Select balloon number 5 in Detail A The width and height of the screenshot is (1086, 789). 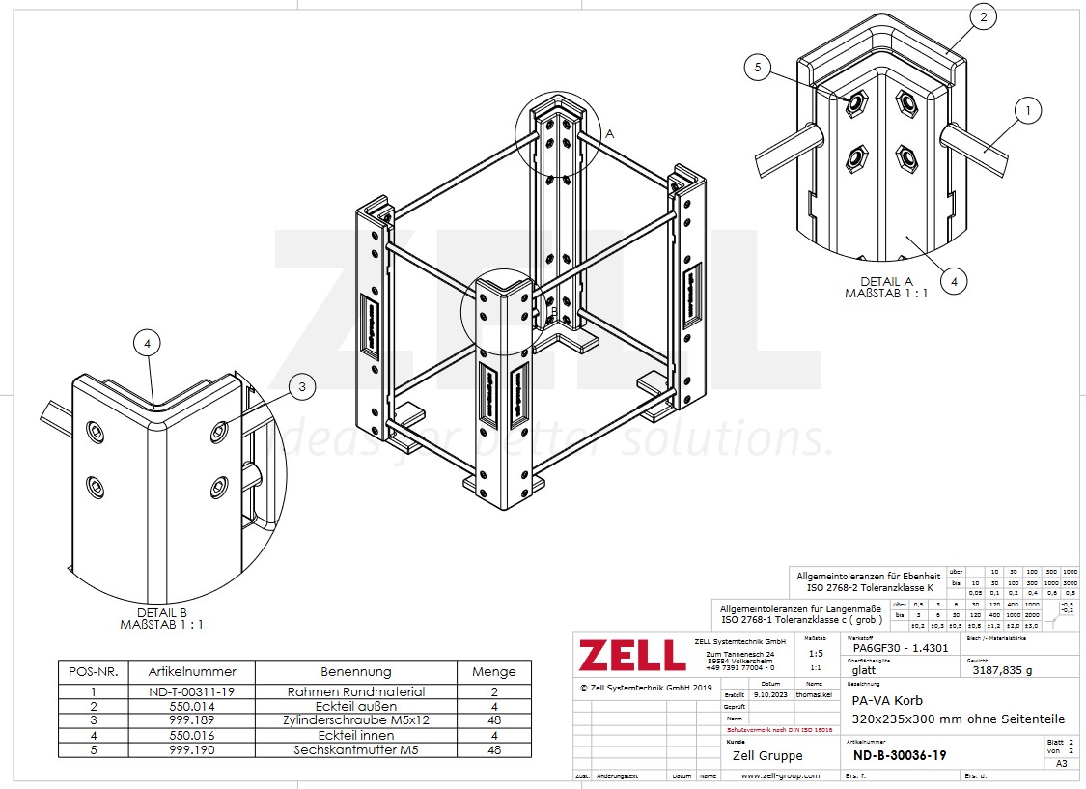[x=759, y=67]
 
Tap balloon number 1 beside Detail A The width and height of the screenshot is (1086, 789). [x=1028, y=111]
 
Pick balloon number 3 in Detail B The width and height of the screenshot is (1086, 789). [x=302, y=387]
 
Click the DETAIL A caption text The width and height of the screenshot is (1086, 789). [x=886, y=281]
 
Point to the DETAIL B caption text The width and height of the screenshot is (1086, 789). [x=161, y=612]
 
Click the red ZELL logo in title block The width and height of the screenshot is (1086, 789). [x=632, y=655]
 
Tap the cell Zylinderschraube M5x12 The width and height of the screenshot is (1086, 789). [x=355, y=719]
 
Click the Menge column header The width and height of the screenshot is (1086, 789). [x=493, y=671]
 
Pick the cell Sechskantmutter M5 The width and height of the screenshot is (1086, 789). [x=355, y=749]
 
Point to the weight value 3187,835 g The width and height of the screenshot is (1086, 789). [x=1002, y=668]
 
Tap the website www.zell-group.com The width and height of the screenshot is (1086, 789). [x=780, y=775]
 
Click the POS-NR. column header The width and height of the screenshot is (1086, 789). [x=90, y=671]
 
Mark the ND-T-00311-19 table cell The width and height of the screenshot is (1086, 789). [x=192, y=691]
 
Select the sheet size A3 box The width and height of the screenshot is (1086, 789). [x=1062, y=763]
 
